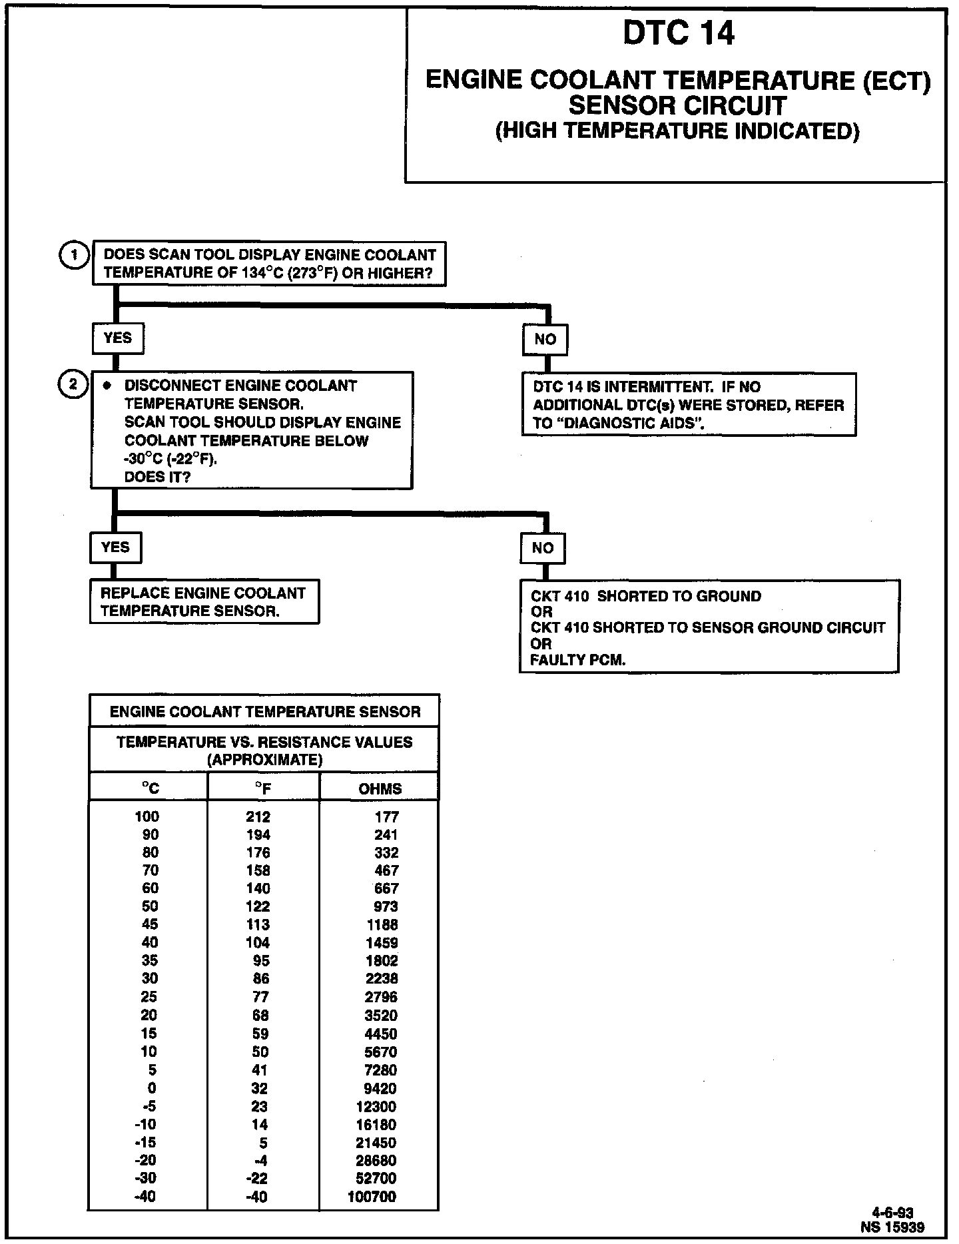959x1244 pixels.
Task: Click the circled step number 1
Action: (x=75, y=255)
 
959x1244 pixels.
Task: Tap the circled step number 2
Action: (x=73, y=384)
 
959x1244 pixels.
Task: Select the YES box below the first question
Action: (x=117, y=338)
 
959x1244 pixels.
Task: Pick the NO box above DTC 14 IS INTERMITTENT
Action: (x=545, y=339)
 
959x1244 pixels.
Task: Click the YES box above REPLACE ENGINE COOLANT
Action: (x=115, y=547)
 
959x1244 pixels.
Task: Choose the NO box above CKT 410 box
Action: (x=542, y=548)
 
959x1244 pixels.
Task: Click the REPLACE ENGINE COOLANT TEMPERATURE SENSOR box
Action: (x=204, y=602)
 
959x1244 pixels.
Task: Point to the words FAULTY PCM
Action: (x=577, y=661)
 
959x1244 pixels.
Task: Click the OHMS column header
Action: (x=380, y=789)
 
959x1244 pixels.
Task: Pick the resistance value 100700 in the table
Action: (x=372, y=1197)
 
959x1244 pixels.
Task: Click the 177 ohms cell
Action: (x=386, y=817)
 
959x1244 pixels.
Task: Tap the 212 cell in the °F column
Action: (x=258, y=817)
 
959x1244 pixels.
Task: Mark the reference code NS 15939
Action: (x=892, y=1227)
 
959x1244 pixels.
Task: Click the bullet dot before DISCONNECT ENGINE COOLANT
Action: (x=106, y=386)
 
